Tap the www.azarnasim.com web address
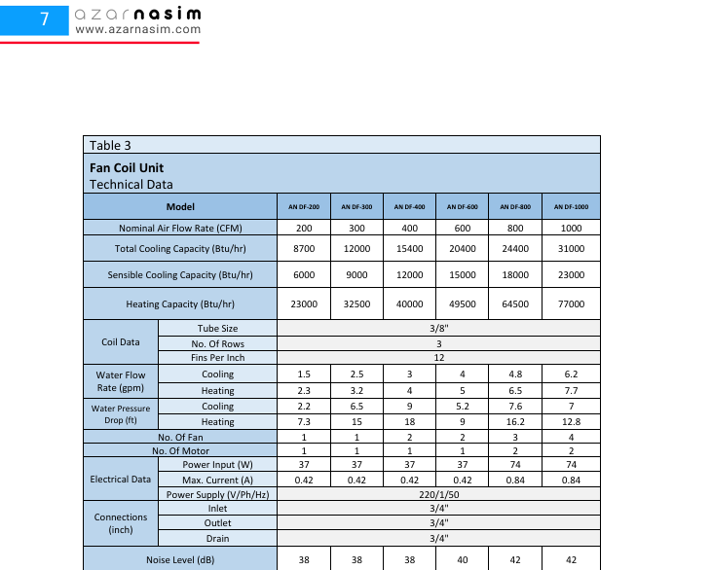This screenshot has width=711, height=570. pyautogui.click(x=137, y=29)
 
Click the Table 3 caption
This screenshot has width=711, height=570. pyautogui.click(x=110, y=146)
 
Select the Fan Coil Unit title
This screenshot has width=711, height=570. pyautogui.click(x=126, y=167)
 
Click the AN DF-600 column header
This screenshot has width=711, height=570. pyautogui.click(x=462, y=207)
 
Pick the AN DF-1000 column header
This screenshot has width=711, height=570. pyautogui.click(x=571, y=207)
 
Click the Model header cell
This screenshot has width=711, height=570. pyautogui.click(x=180, y=207)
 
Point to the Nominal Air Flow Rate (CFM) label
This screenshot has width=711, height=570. pyautogui.click(x=180, y=229)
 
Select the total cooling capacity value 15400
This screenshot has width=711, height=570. pyautogui.click(x=409, y=249)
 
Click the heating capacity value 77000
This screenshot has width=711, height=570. pyautogui.click(x=571, y=304)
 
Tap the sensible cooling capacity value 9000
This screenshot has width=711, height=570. pyautogui.click(x=356, y=275)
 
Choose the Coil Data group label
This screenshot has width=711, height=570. pyautogui.click(x=121, y=342)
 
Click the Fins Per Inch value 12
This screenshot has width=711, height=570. pyautogui.click(x=438, y=357)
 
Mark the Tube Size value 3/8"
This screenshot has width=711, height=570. pyautogui.click(x=438, y=329)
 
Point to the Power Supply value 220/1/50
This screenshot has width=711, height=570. pyautogui.click(x=438, y=494)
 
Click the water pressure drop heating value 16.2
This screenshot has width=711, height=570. pyautogui.click(x=516, y=422)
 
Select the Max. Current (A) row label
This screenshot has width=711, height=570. pyautogui.click(x=217, y=480)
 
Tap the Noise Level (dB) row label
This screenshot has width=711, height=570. pyautogui.click(x=180, y=560)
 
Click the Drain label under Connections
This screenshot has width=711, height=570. pyautogui.click(x=217, y=538)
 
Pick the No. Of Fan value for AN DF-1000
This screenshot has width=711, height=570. pyautogui.click(x=571, y=438)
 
